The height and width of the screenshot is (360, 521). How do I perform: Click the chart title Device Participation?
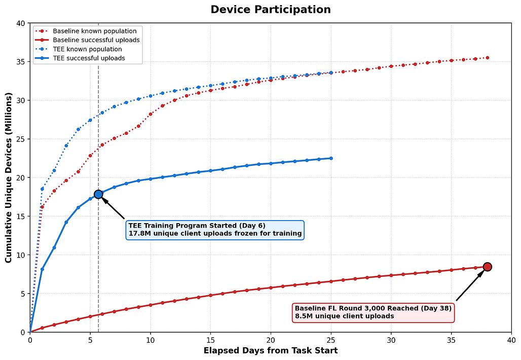(271, 9)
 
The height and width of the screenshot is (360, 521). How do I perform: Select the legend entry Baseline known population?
(95, 31)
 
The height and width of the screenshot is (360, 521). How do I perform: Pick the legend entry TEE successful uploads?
(89, 58)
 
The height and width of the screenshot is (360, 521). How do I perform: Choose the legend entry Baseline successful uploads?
(96, 40)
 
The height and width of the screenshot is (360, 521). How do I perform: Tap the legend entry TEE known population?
(87, 49)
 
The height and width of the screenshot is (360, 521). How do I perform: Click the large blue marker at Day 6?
(98, 195)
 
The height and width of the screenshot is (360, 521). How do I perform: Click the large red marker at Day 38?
(488, 267)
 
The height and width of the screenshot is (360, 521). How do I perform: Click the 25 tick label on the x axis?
(331, 340)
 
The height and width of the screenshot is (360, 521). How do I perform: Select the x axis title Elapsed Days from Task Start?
(271, 351)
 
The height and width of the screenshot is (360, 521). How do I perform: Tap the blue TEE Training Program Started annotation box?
(215, 230)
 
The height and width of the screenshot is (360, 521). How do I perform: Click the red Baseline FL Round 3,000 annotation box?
(373, 312)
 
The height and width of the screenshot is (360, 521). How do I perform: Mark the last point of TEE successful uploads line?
(331, 158)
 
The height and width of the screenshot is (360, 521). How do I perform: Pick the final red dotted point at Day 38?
(488, 58)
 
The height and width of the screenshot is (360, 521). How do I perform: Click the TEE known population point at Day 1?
(42, 189)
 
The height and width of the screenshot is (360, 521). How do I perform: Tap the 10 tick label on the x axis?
(151, 340)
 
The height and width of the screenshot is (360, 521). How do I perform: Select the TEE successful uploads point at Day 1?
(42, 269)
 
